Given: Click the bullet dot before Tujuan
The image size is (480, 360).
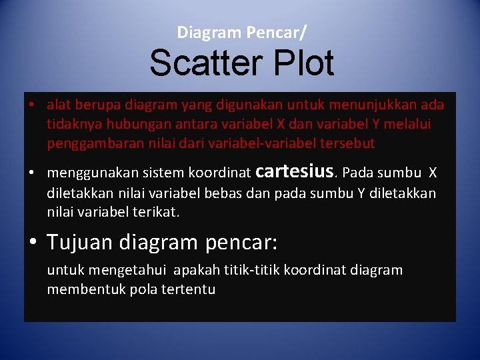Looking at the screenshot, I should [x=33, y=243].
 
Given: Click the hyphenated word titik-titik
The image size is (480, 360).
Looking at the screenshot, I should [x=251, y=271].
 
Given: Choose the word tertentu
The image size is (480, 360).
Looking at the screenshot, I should [x=188, y=290].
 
